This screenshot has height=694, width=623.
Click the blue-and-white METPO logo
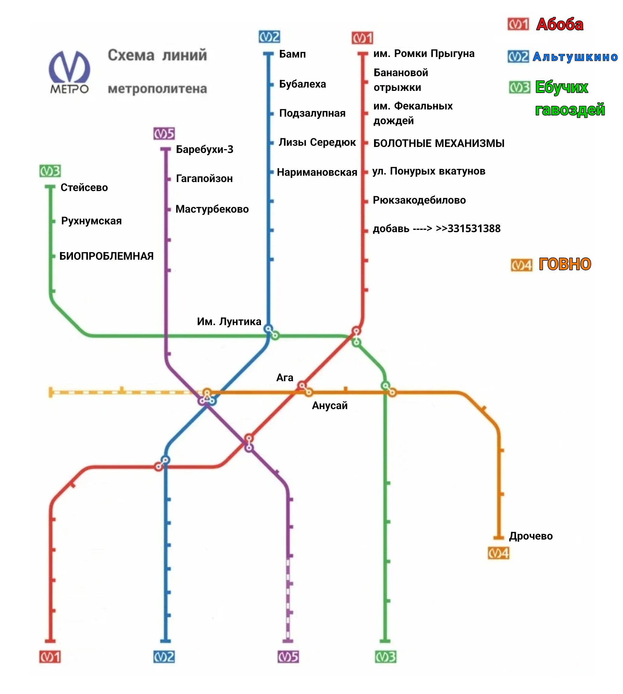coord(70,72)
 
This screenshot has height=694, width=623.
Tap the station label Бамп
coord(292,54)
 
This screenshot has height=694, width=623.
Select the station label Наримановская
coord(317,172)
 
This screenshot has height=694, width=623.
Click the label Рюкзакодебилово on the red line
coord(419,200)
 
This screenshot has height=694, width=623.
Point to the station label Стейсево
coord(84,187)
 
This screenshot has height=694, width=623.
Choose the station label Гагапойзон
coord(204,179)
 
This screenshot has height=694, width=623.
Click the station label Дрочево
coord(531,536)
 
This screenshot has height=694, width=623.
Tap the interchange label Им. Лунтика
coord(229,322)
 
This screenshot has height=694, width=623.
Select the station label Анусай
coord(330,405)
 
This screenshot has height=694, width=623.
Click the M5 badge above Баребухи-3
coord(164,133)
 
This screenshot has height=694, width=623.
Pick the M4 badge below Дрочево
coord(499,553)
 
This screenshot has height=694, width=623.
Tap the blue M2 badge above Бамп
coord(269,37)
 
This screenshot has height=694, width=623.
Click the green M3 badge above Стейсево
coord(50,171)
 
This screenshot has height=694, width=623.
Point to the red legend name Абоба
coord(560,25)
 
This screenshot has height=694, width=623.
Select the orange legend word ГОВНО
coord(565,264)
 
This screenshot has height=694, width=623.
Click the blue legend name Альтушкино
coord(575,57)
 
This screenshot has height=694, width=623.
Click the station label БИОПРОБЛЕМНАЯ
coord(106,256)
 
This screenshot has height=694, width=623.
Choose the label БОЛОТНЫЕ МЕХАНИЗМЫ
coord(439,143)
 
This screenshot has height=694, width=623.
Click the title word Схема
coord(131,55)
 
